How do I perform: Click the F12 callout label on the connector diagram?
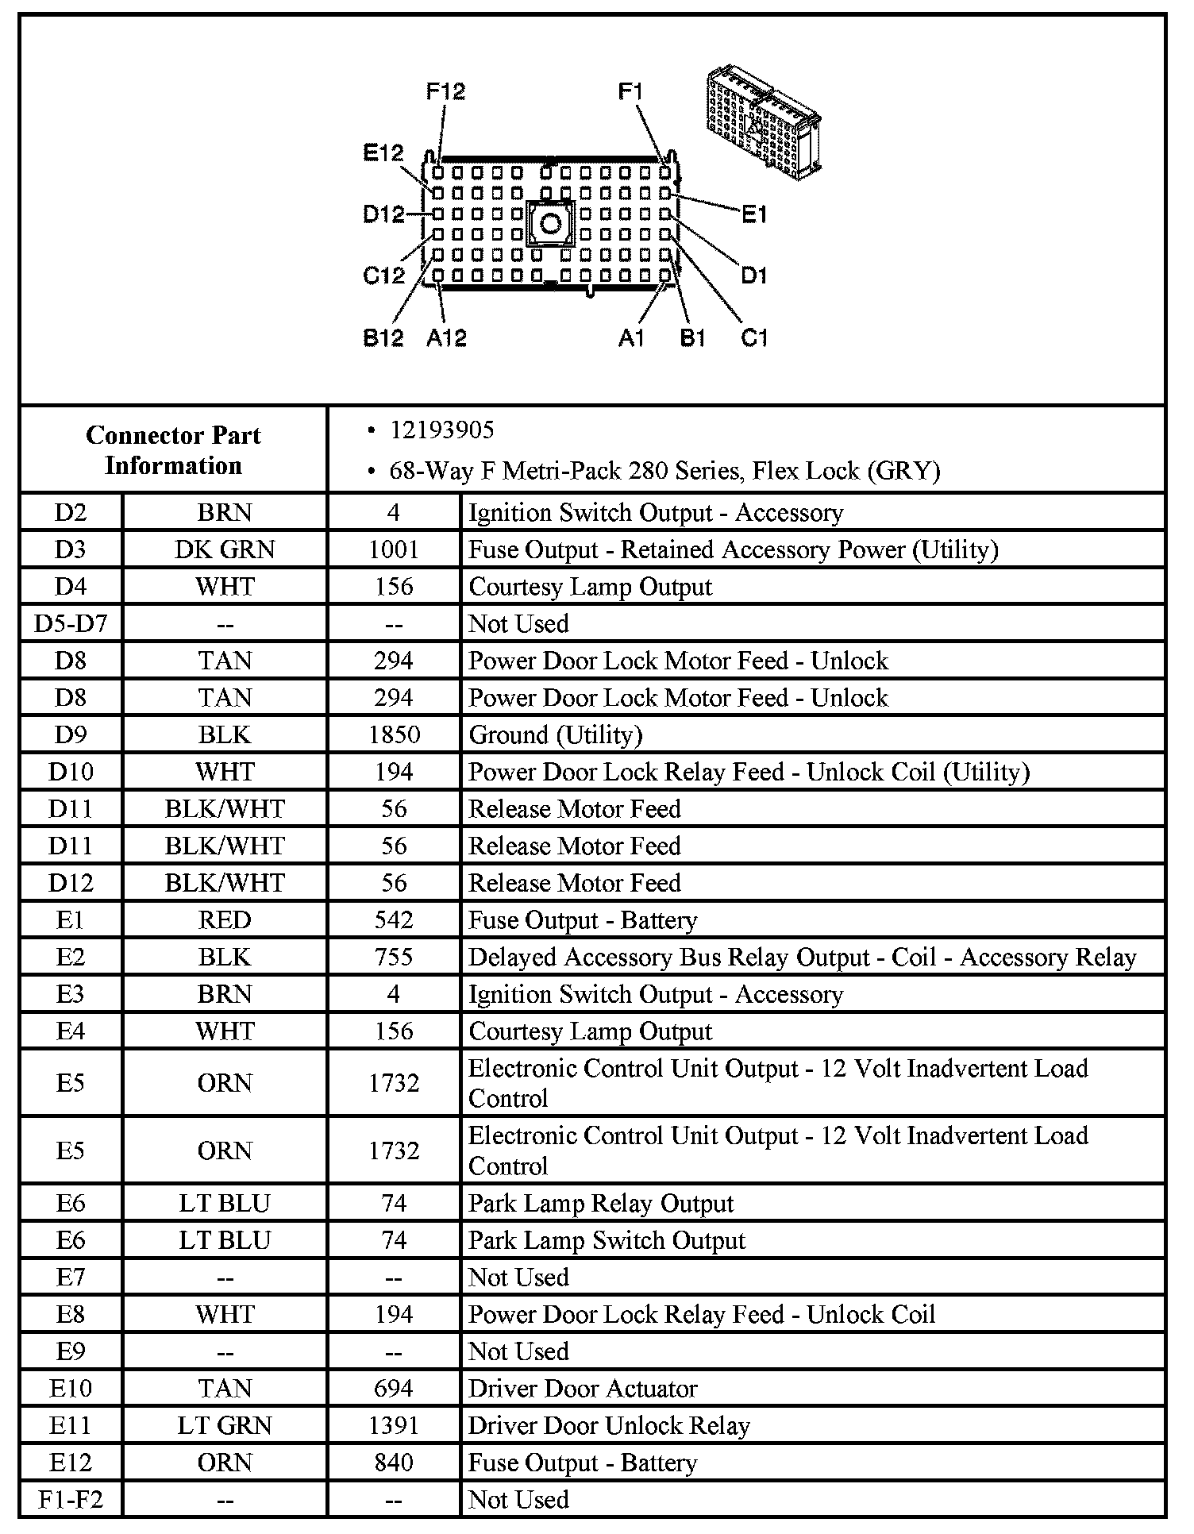[x=445, y=91]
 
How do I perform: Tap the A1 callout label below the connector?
[x=630, y=338]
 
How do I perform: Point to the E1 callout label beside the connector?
[x=753, y=214]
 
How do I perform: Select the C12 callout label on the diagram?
[x=383, y=276]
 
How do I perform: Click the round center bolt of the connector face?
[x=550, y=223]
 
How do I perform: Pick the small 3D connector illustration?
[x=763, y=119]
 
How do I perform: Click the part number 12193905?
[x=441, y=430]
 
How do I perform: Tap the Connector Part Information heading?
[x=173, y=450]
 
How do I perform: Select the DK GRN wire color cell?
[x=225, y=549]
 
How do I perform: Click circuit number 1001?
[x=394, y=549]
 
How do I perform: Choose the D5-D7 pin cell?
[x=71, y=623]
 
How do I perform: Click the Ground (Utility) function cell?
[x=556, y=734]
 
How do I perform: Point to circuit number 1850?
[x=394, y=734]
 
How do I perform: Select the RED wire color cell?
[x=225, y=920]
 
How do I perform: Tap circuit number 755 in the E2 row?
[x=394, y=957]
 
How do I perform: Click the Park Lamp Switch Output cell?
[x=607, y=1240]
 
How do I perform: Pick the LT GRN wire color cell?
[x=225, y=1425]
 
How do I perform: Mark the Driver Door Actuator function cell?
[x=583, y=1388]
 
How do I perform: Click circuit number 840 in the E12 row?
[x=394, y=1463]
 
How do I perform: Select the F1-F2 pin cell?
[x=71, y=1499]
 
